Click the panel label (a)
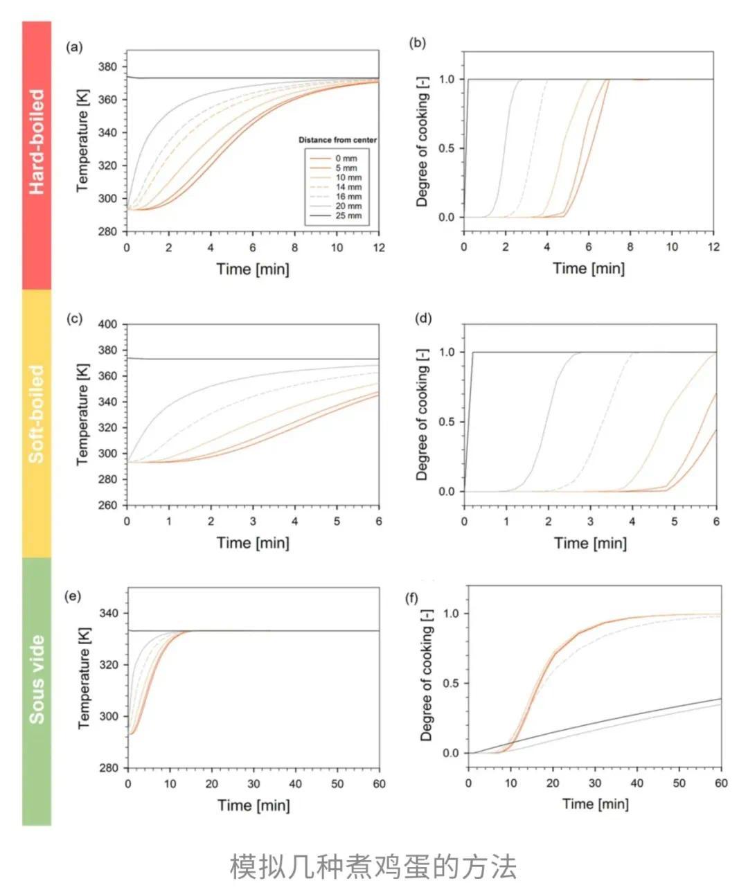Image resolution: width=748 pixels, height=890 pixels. (74, 48)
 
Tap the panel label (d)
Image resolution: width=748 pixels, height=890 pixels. (423, 319)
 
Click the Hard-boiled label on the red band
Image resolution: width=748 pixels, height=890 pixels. (37, 141)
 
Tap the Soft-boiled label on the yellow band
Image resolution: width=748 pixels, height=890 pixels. (37, 414)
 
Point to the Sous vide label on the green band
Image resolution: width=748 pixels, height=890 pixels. (37, 679)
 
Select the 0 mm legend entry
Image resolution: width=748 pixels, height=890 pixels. (346, 159)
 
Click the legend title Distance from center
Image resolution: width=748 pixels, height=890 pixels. (337, 140)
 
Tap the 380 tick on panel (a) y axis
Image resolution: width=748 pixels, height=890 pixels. (108, 67)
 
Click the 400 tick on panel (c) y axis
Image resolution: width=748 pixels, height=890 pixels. (108, 324)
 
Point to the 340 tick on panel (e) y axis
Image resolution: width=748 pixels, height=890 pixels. (109, 614)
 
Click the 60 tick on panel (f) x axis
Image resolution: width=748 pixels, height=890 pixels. (721, 783)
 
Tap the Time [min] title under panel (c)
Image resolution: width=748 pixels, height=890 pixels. (253, 542)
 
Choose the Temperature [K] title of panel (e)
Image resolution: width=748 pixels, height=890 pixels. (84, 679)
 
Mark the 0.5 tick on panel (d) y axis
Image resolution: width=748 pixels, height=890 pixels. (447, 422)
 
